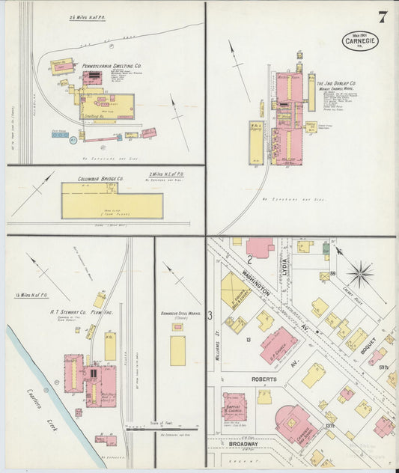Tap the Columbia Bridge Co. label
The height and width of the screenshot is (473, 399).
(101, 180)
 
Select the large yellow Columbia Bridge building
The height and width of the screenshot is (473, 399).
(112, 205)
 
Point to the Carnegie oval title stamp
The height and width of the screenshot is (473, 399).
(359, 40)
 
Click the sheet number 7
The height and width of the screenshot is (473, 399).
(383, 17)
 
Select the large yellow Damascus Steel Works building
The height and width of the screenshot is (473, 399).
(177, 350)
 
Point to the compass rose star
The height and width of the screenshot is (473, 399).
(359, 273)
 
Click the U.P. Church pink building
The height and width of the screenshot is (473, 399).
(278, 343)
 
